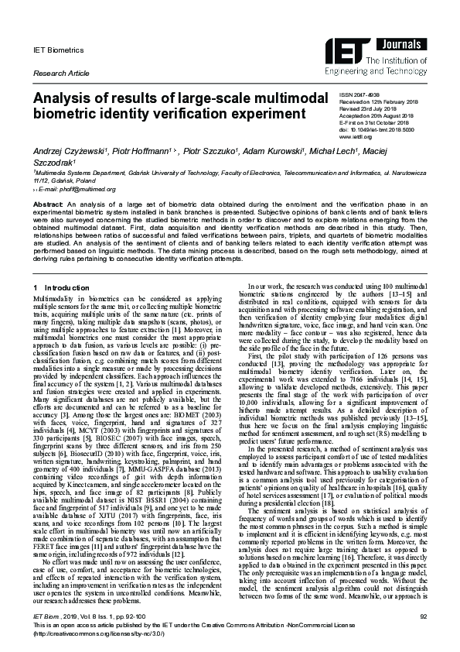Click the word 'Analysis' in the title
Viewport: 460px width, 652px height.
(x=66, y=98)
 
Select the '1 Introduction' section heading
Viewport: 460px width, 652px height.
(x=61, y=288)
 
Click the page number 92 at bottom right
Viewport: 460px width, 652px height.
(x=423, y=616)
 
